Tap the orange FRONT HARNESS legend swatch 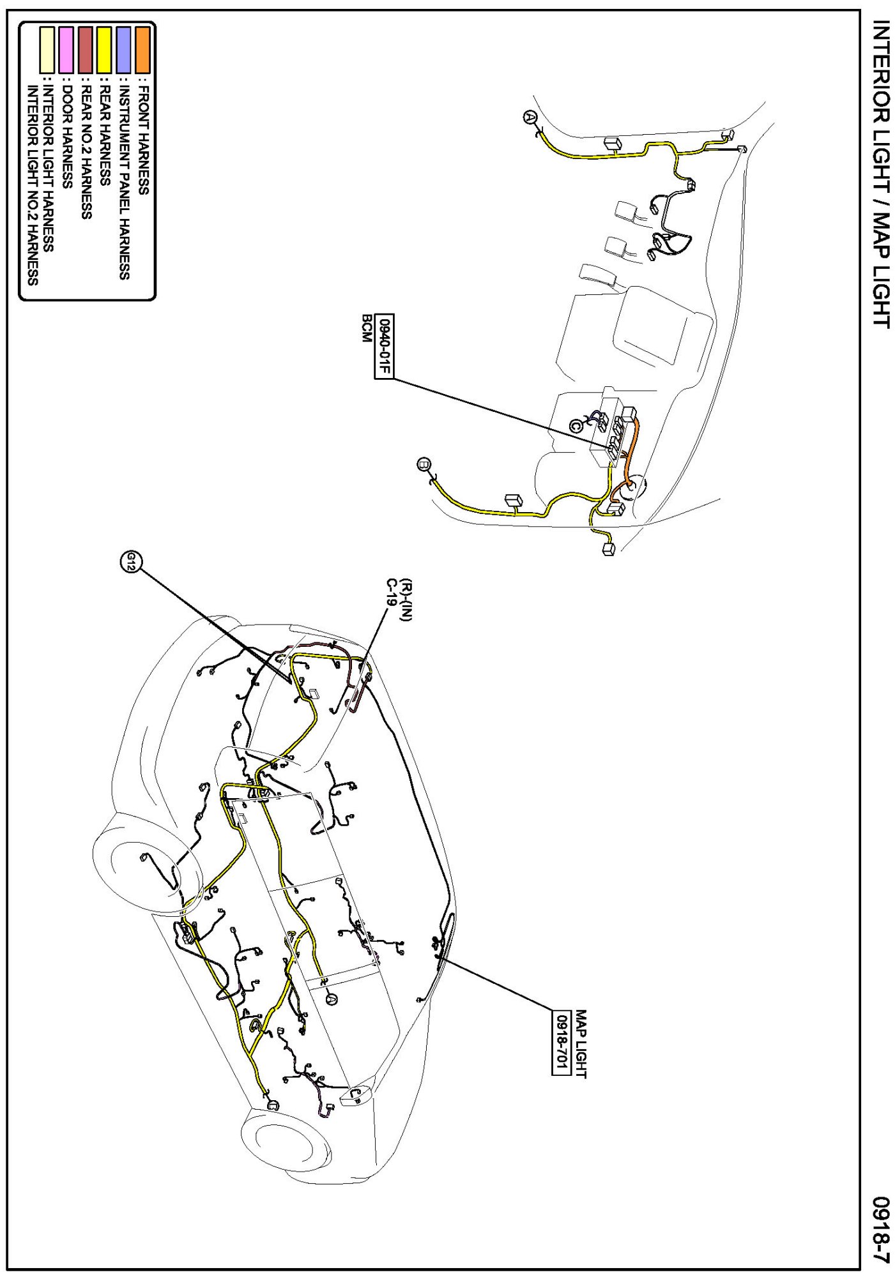[142, 50]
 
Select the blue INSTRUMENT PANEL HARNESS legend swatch [123, 50]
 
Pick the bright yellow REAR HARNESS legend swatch [104, 50]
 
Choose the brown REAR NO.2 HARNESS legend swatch [85, 50]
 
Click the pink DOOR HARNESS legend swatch [66, 50]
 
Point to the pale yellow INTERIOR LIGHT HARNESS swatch [47, 50]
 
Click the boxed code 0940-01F [384, 347]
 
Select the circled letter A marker [530, 117]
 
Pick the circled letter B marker [423, 464]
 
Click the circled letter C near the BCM [576, 425]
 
